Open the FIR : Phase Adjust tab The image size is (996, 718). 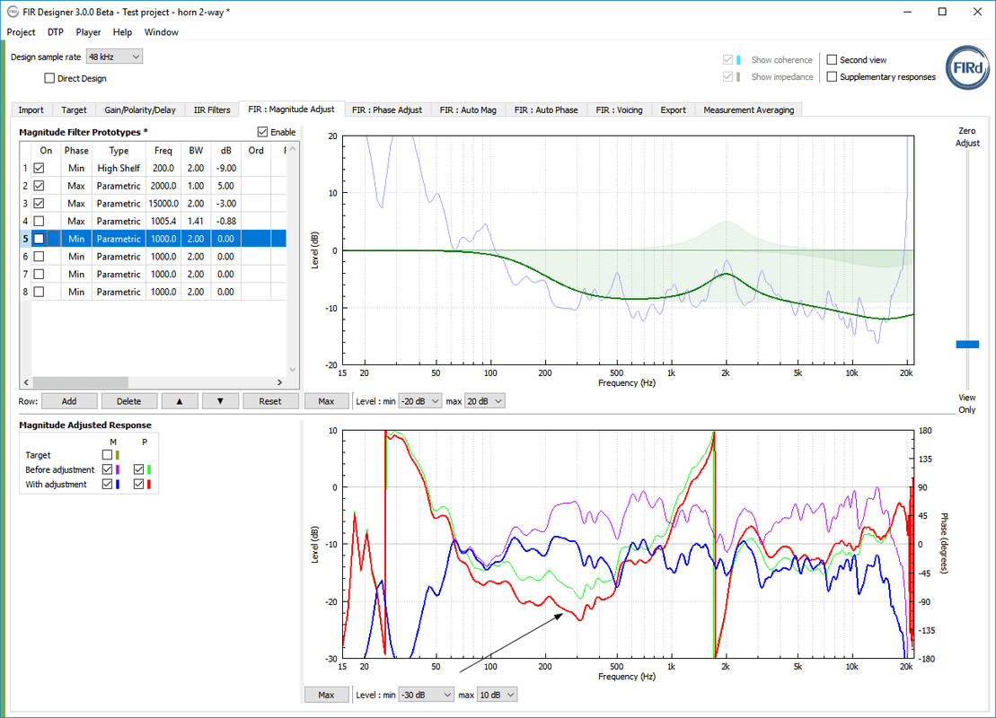(x=386, y=109)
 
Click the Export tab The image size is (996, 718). (x=673, y=109)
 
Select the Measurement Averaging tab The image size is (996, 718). (x=748, y=109)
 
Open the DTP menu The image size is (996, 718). (x=56, y=31)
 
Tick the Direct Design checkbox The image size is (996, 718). (x=49, y=78)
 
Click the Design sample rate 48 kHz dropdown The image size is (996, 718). (x=114, y=57)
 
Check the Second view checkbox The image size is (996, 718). (x=832, y=60)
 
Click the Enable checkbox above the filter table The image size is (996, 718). (x=262, y=132)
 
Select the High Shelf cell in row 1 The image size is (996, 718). (x=119, y=168)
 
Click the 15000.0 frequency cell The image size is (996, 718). (x=163, y=203)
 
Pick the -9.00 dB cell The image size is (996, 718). (x=226, y=168)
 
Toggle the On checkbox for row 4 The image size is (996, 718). (x=39, y=221)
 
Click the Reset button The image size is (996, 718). (x=269, y=401)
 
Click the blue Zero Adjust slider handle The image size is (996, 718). (x=967, y=344)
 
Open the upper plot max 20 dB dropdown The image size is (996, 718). (x=484, y=401)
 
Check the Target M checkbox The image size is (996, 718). (x=107, y=455)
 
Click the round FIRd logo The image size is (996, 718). (x=967, y=69)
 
